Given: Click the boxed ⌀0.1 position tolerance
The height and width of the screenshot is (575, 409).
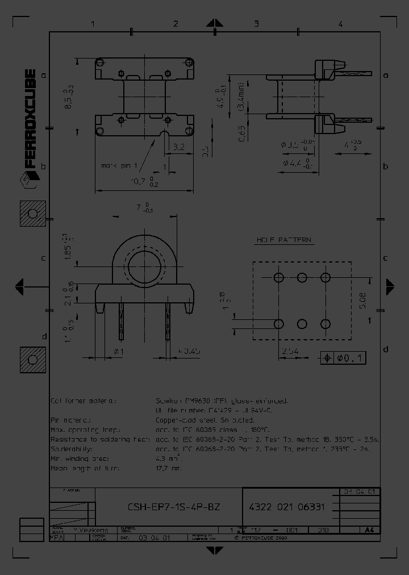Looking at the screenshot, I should [x=344, y=358].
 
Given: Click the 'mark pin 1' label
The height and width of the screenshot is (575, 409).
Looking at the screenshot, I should [x=119, y=165].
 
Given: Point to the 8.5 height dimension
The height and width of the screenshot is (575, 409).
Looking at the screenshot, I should [x=68, y=94].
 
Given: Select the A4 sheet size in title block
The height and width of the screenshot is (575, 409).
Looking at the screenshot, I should [x=369, y=530].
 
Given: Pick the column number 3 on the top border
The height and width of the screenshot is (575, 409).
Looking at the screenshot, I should [x=256, y=24].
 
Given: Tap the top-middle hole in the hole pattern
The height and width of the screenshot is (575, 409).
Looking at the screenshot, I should [x=302, y=277].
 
